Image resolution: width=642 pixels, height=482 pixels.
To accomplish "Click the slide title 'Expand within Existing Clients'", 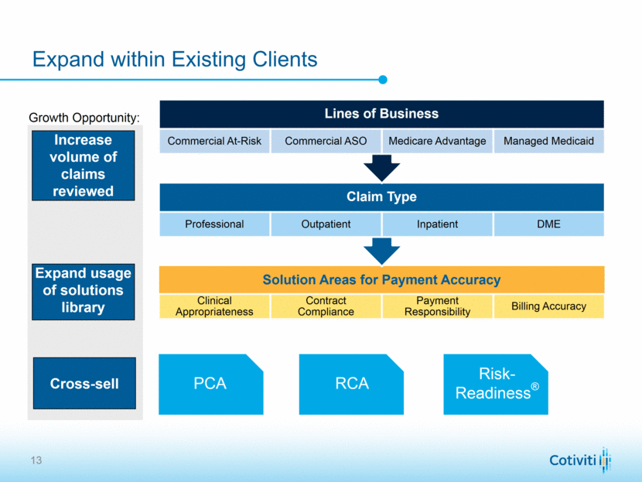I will tap(174, 60).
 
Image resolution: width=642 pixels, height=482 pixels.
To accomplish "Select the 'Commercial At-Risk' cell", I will tap(214, 142).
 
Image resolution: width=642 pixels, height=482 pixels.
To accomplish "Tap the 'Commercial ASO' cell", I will tap(326, 142).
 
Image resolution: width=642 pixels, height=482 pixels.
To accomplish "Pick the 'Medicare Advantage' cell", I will tap(437, 142).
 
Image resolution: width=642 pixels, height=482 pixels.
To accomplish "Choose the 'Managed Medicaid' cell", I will tap(548, 142).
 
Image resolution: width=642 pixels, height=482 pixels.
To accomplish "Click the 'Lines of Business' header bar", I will tap(381, 114).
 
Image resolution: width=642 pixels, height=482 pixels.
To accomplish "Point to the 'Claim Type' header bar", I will tap(381, 197).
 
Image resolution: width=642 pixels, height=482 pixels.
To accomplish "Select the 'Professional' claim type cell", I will tap(214, 224).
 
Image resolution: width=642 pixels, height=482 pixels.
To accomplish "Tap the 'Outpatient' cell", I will tap(326, 224).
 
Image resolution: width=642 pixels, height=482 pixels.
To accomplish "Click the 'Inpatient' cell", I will tap(437, 224).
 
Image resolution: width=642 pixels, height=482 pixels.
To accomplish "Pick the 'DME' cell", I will tap(548, 224).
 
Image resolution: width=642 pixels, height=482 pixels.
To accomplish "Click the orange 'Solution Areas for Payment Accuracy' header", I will tap(381, 280).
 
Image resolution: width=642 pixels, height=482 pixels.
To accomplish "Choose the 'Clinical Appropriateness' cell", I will tap(214, 306).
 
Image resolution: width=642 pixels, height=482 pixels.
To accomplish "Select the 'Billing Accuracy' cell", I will tap(548, 306).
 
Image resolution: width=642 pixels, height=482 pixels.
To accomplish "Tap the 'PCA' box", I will tap(210, 384).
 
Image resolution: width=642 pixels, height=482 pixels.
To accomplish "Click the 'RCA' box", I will tap(352, 384).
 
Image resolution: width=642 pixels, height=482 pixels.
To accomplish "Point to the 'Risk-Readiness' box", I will tap(496, 384).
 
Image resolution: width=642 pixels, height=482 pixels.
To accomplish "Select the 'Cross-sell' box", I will tap(84, 384).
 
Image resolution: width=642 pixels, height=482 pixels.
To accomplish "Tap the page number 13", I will tap(36, 461).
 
